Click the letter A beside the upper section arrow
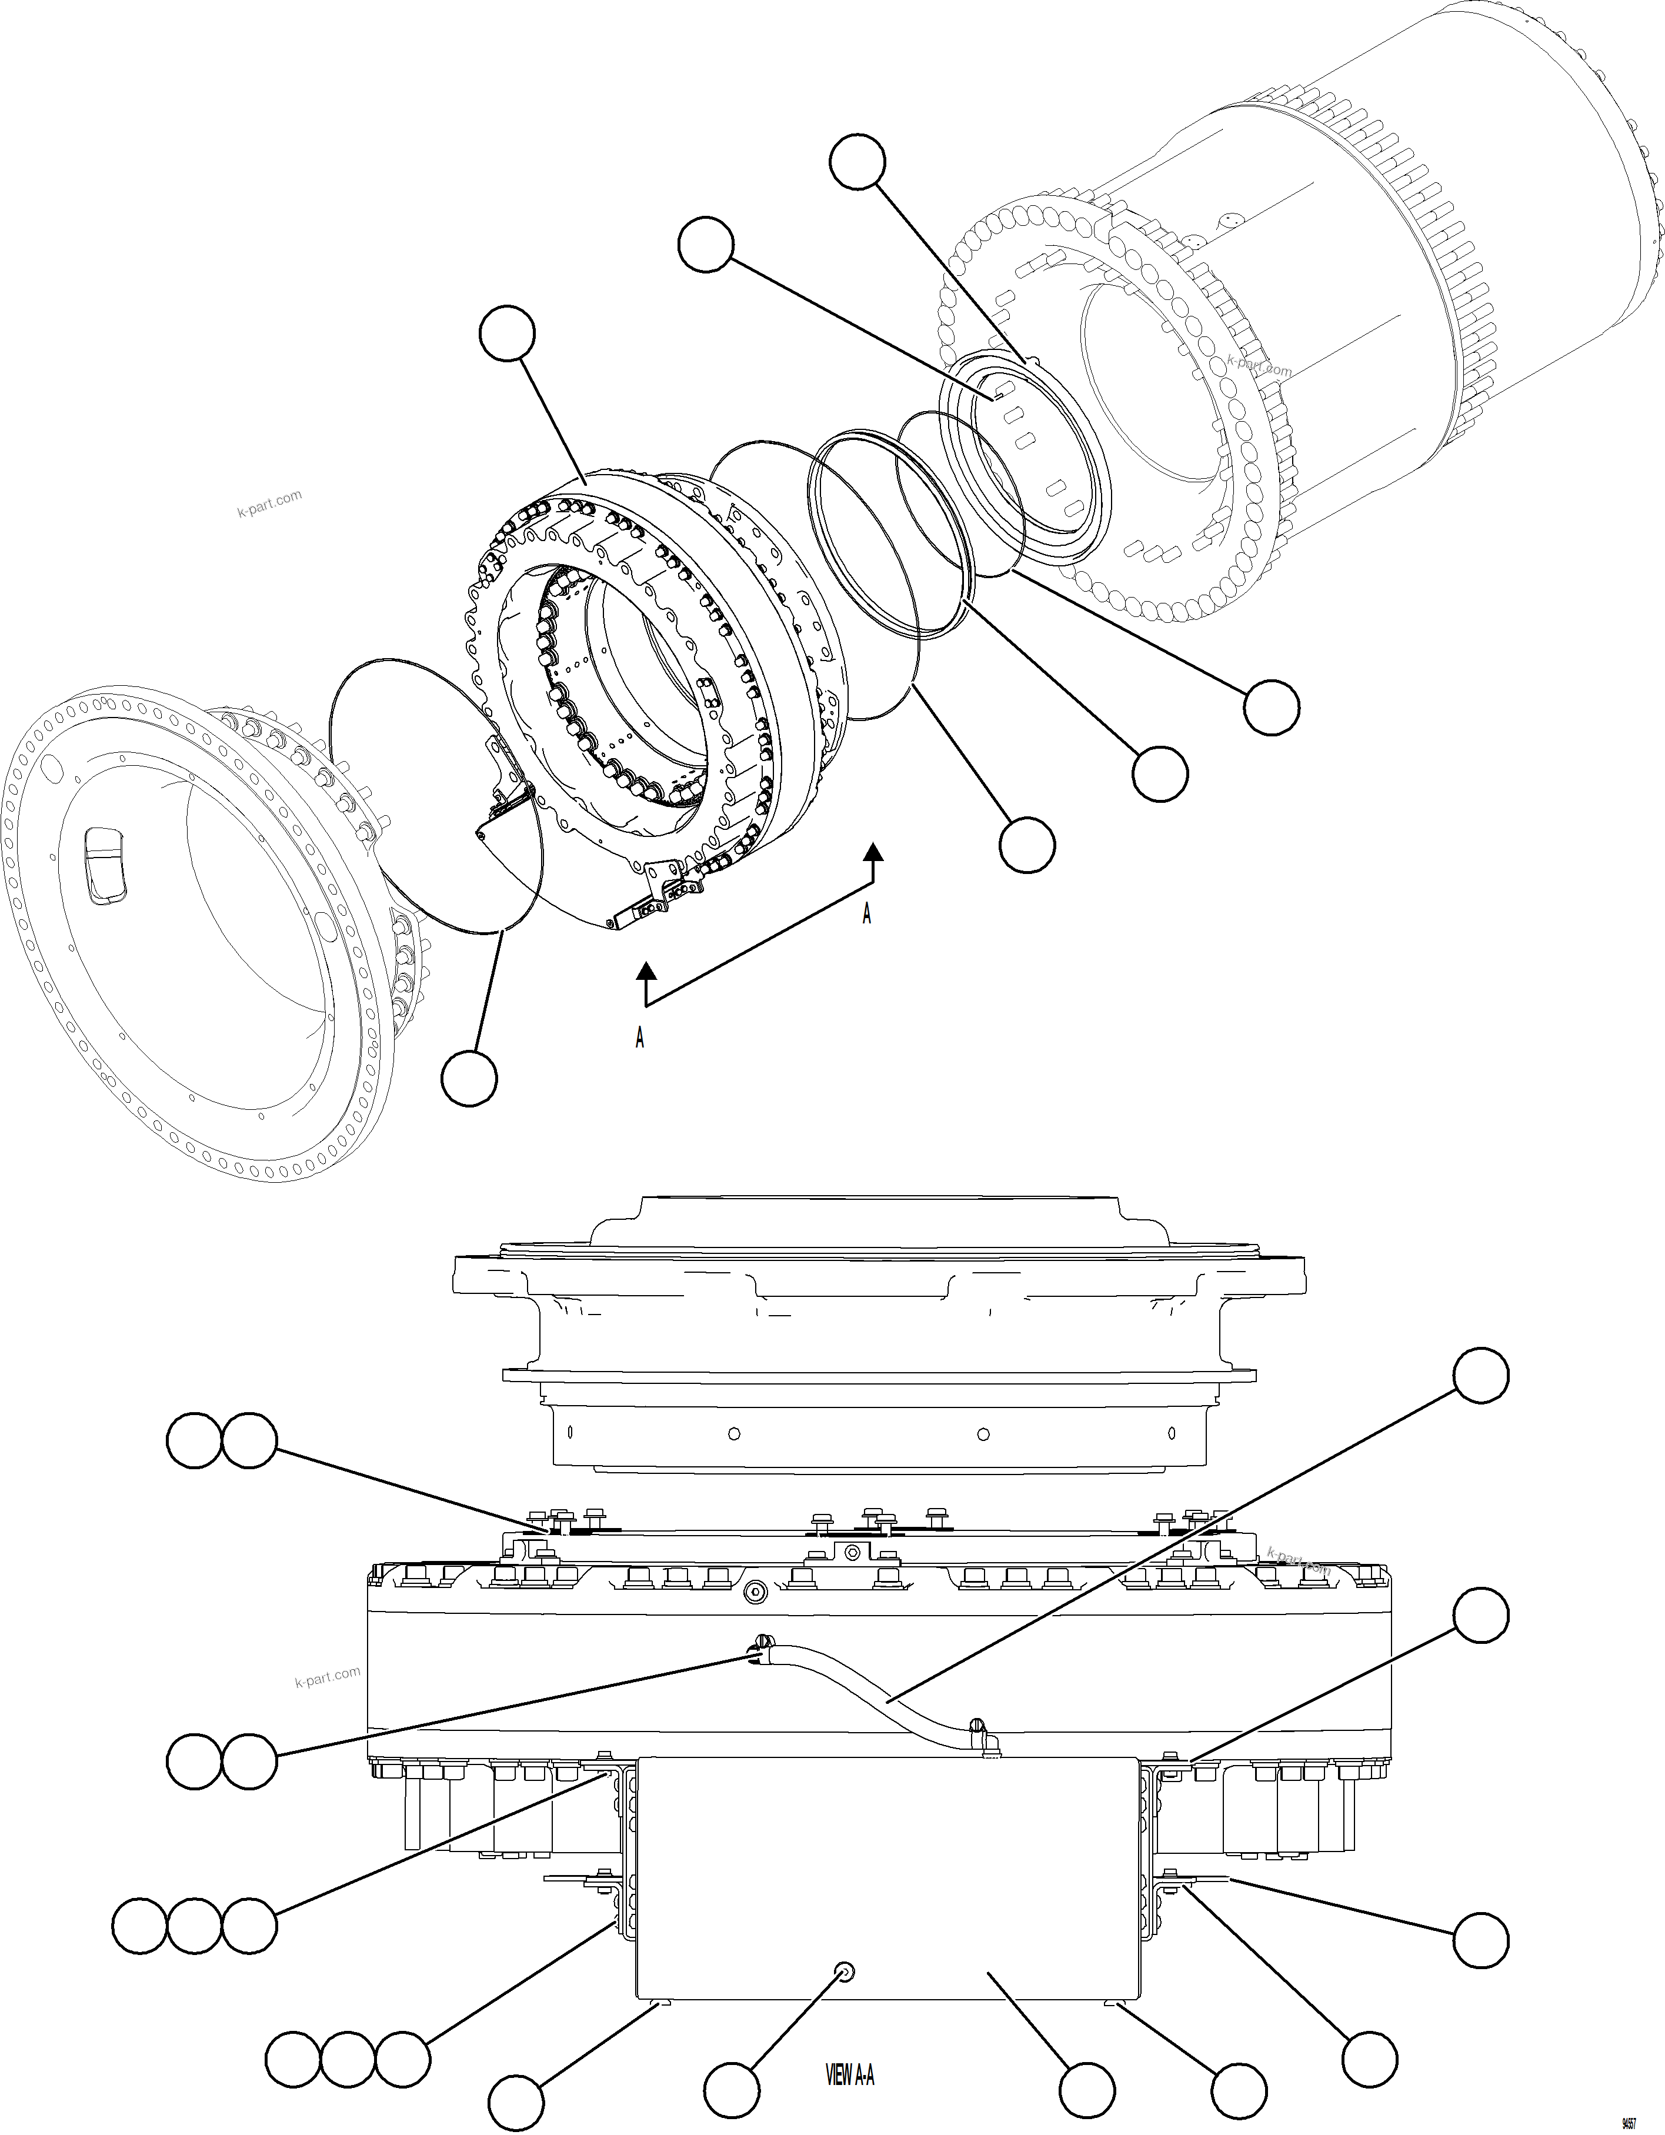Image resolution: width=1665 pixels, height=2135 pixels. point(866,914)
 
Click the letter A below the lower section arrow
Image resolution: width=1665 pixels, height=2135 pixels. point(639,1038)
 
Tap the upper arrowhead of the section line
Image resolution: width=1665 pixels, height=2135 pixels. point(873,852)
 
